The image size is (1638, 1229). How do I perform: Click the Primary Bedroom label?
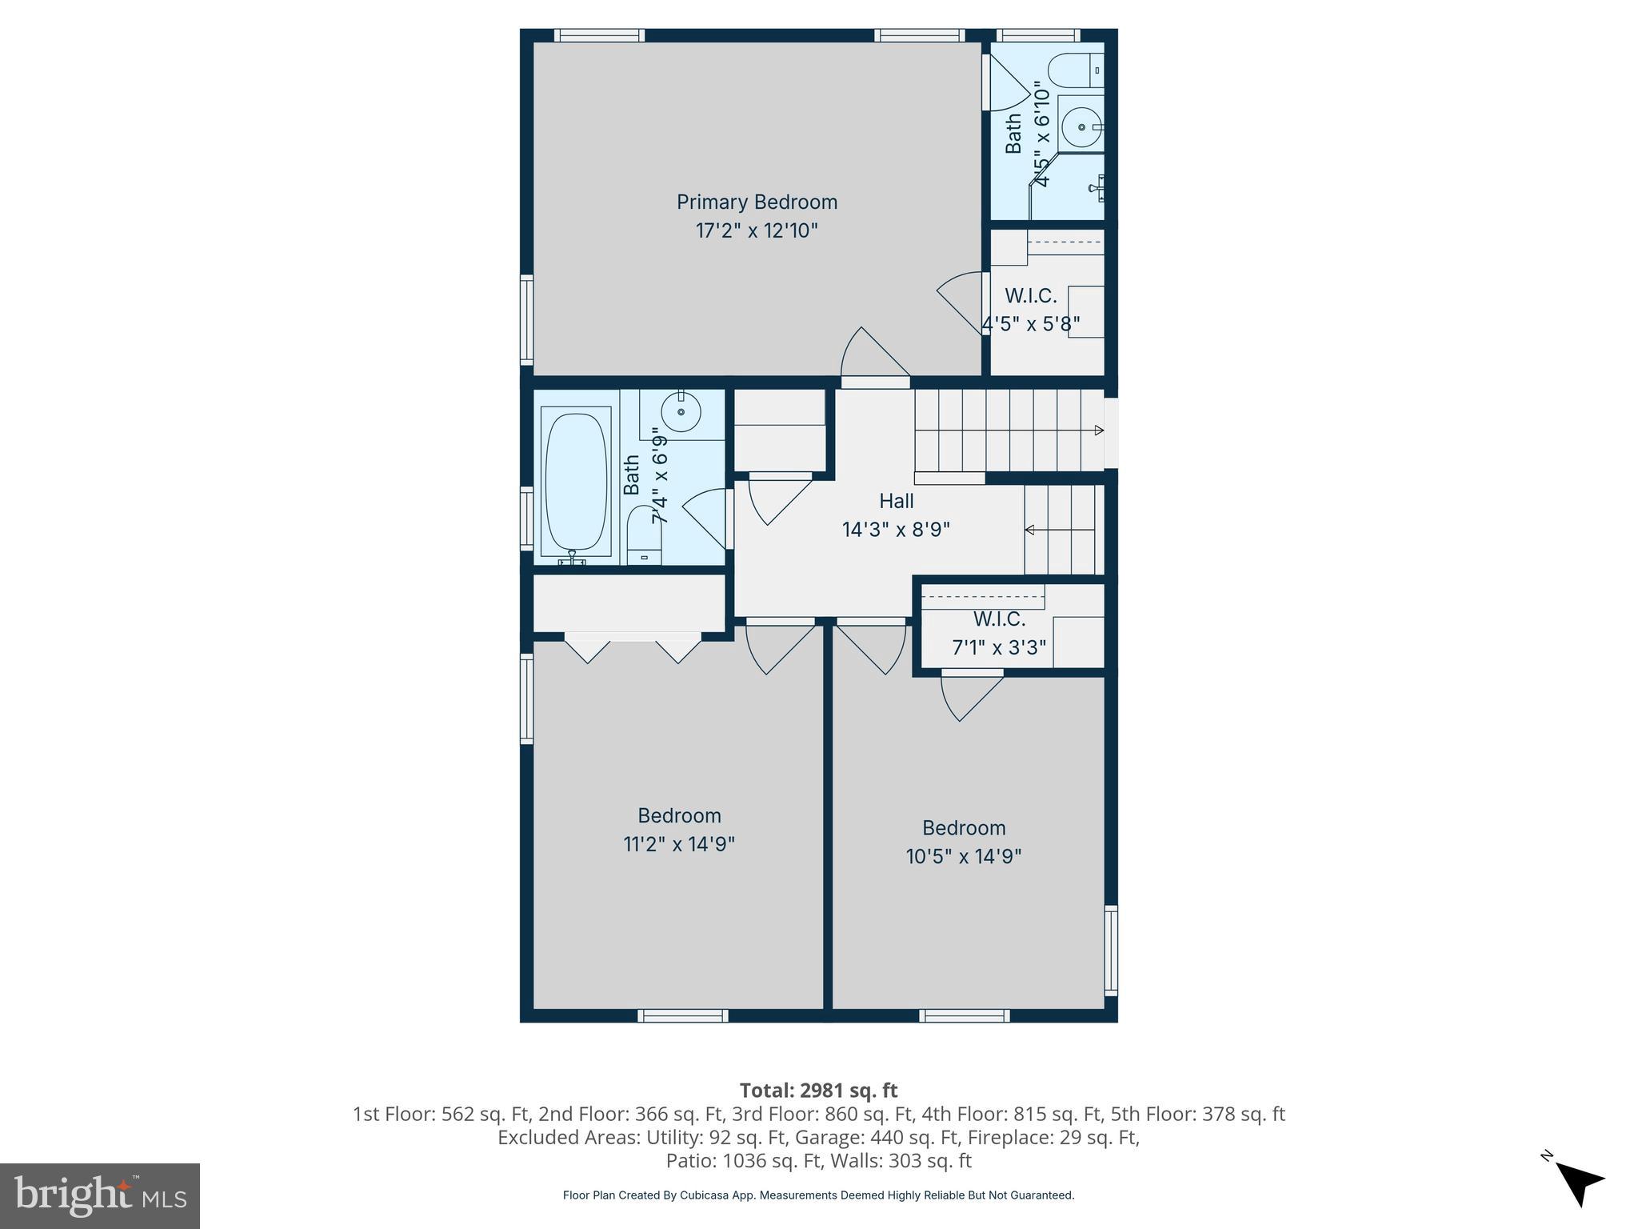tap(757, 202)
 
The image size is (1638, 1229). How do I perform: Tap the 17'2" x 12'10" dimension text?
tap(757, 231)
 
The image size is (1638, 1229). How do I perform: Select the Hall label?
tap(896, 501)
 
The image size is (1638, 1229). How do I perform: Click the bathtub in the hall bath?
tap(575, 480)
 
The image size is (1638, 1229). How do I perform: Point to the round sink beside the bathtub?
tap(681, 412)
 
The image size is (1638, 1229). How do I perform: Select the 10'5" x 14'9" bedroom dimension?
tap(963, 856)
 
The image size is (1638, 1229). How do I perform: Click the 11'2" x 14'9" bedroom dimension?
tap(678, 844)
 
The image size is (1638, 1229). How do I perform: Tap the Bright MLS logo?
tap(100, 1195)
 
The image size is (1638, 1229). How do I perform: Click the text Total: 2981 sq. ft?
tap(818, 1091)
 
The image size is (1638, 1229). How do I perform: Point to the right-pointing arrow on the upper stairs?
tap(1099, 430)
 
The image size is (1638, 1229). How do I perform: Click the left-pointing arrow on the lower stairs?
tap(1030, 530)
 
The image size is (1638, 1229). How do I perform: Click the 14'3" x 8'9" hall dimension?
tap(896, 530)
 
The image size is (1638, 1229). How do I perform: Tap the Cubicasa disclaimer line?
tap(818, 1195)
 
